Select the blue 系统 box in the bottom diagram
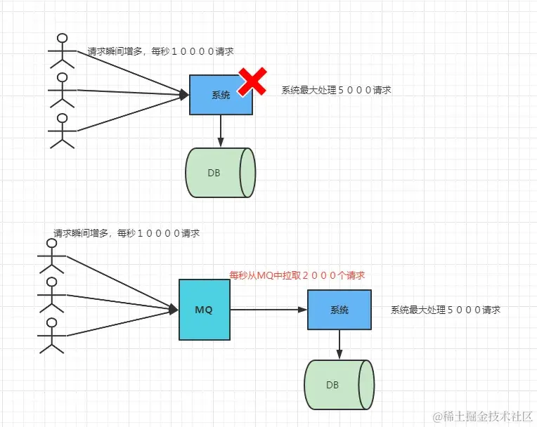tap(338, 310)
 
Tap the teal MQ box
tap(203, 309)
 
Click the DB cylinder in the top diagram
tap(219, 173)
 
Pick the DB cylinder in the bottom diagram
tap(338, 385)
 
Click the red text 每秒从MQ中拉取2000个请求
tap(297, 276)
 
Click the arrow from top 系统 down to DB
tap(221, 131)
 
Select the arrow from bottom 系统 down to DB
tap(339, 344)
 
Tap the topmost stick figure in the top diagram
tap(63, 49)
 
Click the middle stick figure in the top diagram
tap(63, 89)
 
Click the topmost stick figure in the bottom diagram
tap(51, 255)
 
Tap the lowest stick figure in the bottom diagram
tap(51, 334)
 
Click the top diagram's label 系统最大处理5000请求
tap(336, 91)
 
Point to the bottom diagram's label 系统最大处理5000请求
tap(446, 310)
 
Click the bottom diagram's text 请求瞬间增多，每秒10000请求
tap(127, 233)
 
